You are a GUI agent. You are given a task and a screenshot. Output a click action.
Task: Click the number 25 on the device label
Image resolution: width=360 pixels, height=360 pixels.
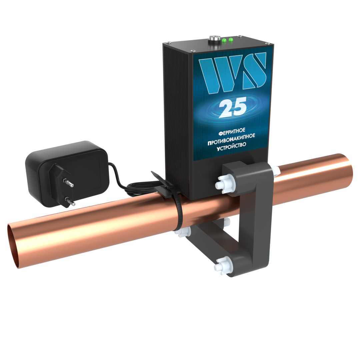click(x=233, y=107)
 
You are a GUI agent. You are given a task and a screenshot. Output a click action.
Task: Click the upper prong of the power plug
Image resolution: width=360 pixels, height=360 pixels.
click(x=69, y=182)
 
